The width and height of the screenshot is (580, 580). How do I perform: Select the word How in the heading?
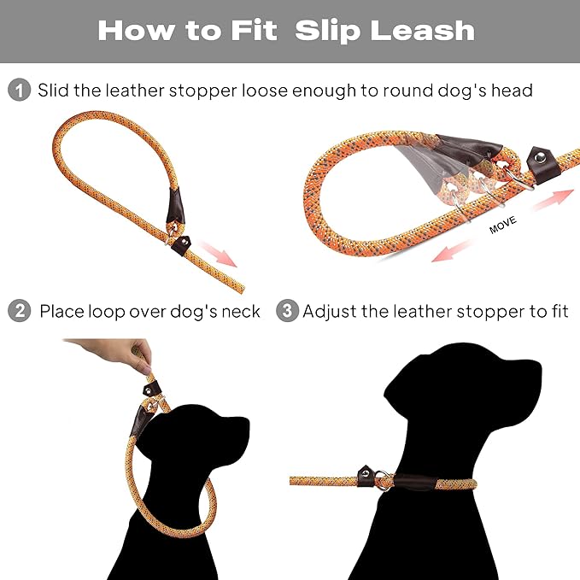tap(132, 31)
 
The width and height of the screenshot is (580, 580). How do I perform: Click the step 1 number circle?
tap(19, 90)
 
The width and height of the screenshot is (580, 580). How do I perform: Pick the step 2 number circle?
tap(19, 311)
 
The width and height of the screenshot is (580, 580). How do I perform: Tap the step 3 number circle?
tap(287, 311)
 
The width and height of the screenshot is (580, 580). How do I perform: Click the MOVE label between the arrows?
tap(504, 228)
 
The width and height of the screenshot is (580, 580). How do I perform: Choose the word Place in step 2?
tap(62, 311)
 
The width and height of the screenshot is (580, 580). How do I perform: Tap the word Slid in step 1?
tap(53, 90)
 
